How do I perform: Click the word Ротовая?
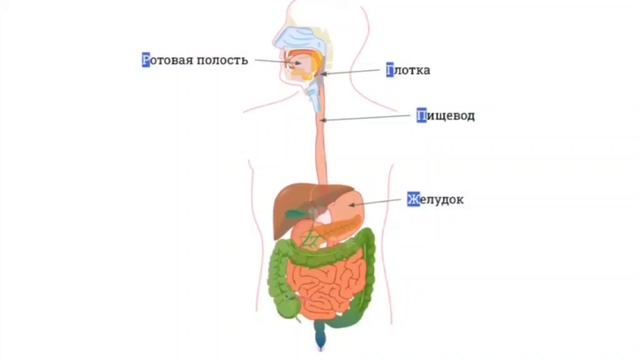coord(172,60)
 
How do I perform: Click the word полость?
coord(226,60)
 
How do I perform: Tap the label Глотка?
coord(409,71)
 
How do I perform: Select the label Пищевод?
coord(446,116)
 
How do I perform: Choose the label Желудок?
coord(435,200)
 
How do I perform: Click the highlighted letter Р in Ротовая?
coord(146,60)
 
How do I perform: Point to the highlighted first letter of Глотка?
coord(391,71)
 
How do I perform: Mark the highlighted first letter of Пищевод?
coord(421,116)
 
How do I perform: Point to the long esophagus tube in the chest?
coord(321,150)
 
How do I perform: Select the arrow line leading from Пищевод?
coord(370,118)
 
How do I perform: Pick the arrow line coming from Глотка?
coord(354,72)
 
